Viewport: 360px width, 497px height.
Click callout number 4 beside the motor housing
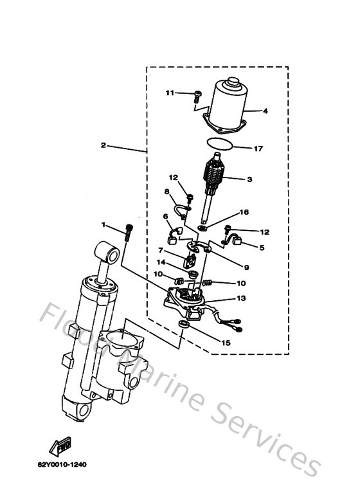265,111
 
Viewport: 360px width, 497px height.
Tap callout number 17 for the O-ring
258,149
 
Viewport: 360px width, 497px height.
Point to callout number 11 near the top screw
170,93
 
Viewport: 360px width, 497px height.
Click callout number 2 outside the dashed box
103,145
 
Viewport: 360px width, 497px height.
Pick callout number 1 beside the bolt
103,224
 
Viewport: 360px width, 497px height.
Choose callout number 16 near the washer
244,212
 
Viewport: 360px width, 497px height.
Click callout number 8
166,191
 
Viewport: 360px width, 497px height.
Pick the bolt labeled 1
129,231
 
